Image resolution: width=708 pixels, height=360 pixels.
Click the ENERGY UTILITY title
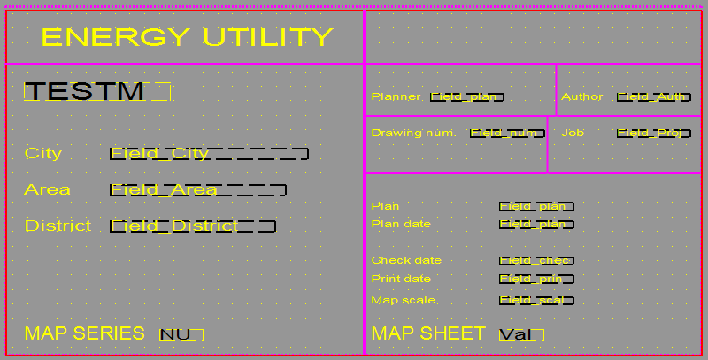(187, 37)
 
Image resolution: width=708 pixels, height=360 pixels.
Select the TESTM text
(85, 91)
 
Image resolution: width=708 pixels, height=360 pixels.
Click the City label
(43, 153)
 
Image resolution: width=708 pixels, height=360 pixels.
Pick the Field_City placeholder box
(209, 154)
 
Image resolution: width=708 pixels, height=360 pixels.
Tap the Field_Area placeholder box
(197, 189)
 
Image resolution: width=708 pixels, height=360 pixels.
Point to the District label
(58, 226)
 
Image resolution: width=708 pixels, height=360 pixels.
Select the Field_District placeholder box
(193, 226)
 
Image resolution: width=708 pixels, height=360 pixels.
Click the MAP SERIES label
(84, 333)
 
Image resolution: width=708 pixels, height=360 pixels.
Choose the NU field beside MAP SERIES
(181, 334)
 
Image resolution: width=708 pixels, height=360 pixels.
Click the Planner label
(396, 96)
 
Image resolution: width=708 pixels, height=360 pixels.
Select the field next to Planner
(467, 97)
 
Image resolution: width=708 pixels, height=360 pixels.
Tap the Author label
(581, 96)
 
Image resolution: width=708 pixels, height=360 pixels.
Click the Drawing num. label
(413, 133)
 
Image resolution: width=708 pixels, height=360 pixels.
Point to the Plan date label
(401, 224)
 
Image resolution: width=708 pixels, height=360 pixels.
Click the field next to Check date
(536, 261)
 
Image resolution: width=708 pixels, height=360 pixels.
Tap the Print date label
(401, 279)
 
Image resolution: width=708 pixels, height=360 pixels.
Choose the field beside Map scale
(536, 301)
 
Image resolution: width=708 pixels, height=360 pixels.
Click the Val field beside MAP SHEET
(521, 334)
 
